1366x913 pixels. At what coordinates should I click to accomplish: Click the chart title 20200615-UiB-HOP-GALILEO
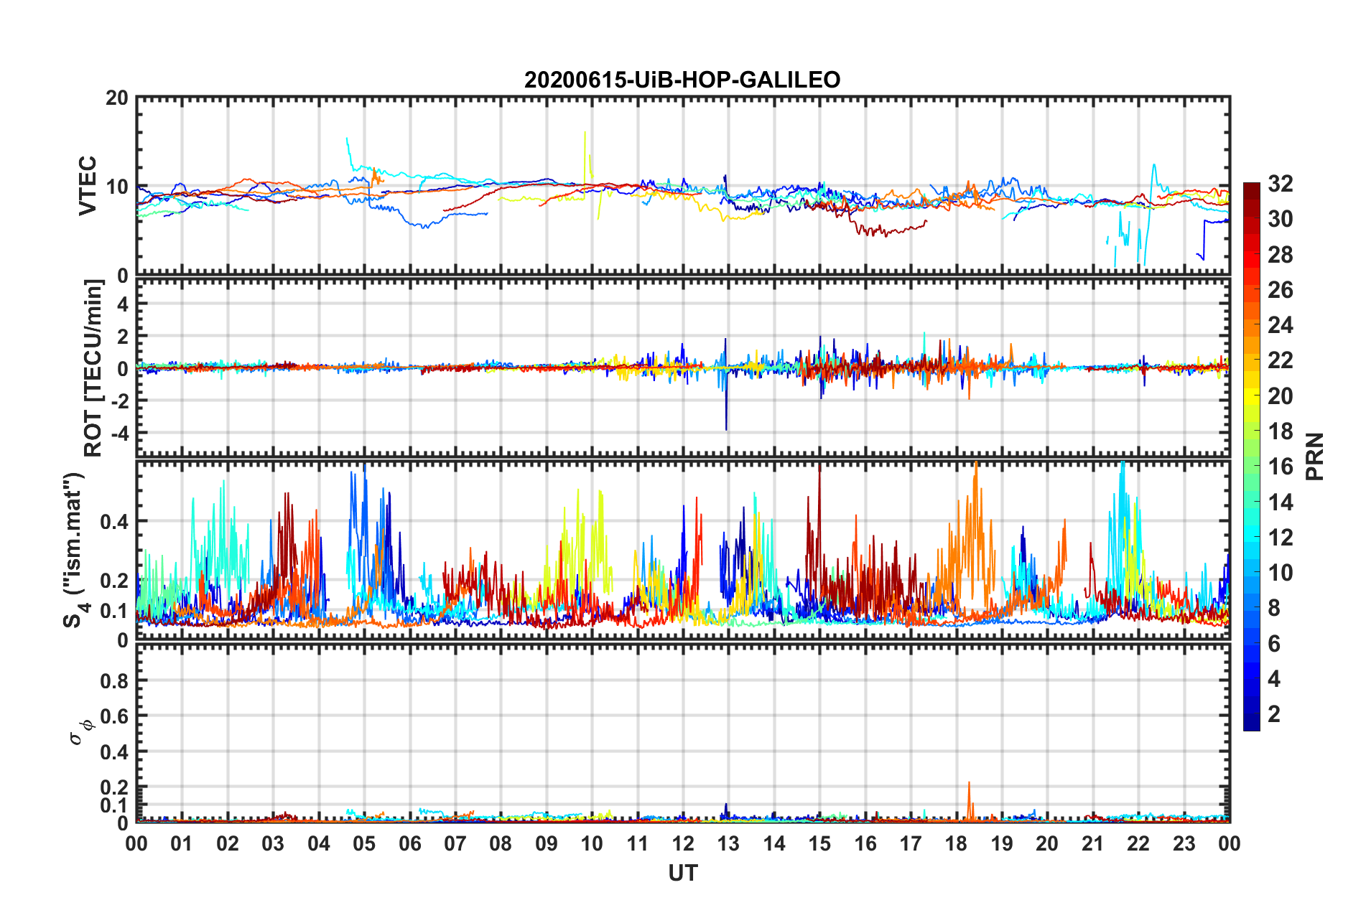(682, 80)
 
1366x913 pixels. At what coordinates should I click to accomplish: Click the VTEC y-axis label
(88, 186)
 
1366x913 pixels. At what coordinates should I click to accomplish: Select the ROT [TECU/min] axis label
(93, 368)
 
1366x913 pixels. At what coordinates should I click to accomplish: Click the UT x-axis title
(682, 873)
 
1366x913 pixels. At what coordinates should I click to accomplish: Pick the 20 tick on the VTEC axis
(117, 98)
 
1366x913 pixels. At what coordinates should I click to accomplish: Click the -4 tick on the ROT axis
(121, 433)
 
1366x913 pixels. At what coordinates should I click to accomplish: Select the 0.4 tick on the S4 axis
(114, 522)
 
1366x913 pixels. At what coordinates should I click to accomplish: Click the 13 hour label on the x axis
(728, 844)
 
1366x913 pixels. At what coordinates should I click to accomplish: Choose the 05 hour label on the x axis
(364, 844)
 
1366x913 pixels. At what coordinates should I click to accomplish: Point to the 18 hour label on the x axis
(956, 844)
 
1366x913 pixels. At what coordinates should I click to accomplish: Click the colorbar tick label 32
(1280, 184)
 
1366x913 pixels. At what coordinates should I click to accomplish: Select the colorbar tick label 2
(1274, 714)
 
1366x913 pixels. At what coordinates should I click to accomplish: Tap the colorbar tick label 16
(1280, 467)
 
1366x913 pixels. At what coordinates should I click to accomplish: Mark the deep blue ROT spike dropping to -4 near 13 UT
(726, 428)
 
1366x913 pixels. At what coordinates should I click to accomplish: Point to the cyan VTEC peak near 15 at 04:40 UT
(347, 139)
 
